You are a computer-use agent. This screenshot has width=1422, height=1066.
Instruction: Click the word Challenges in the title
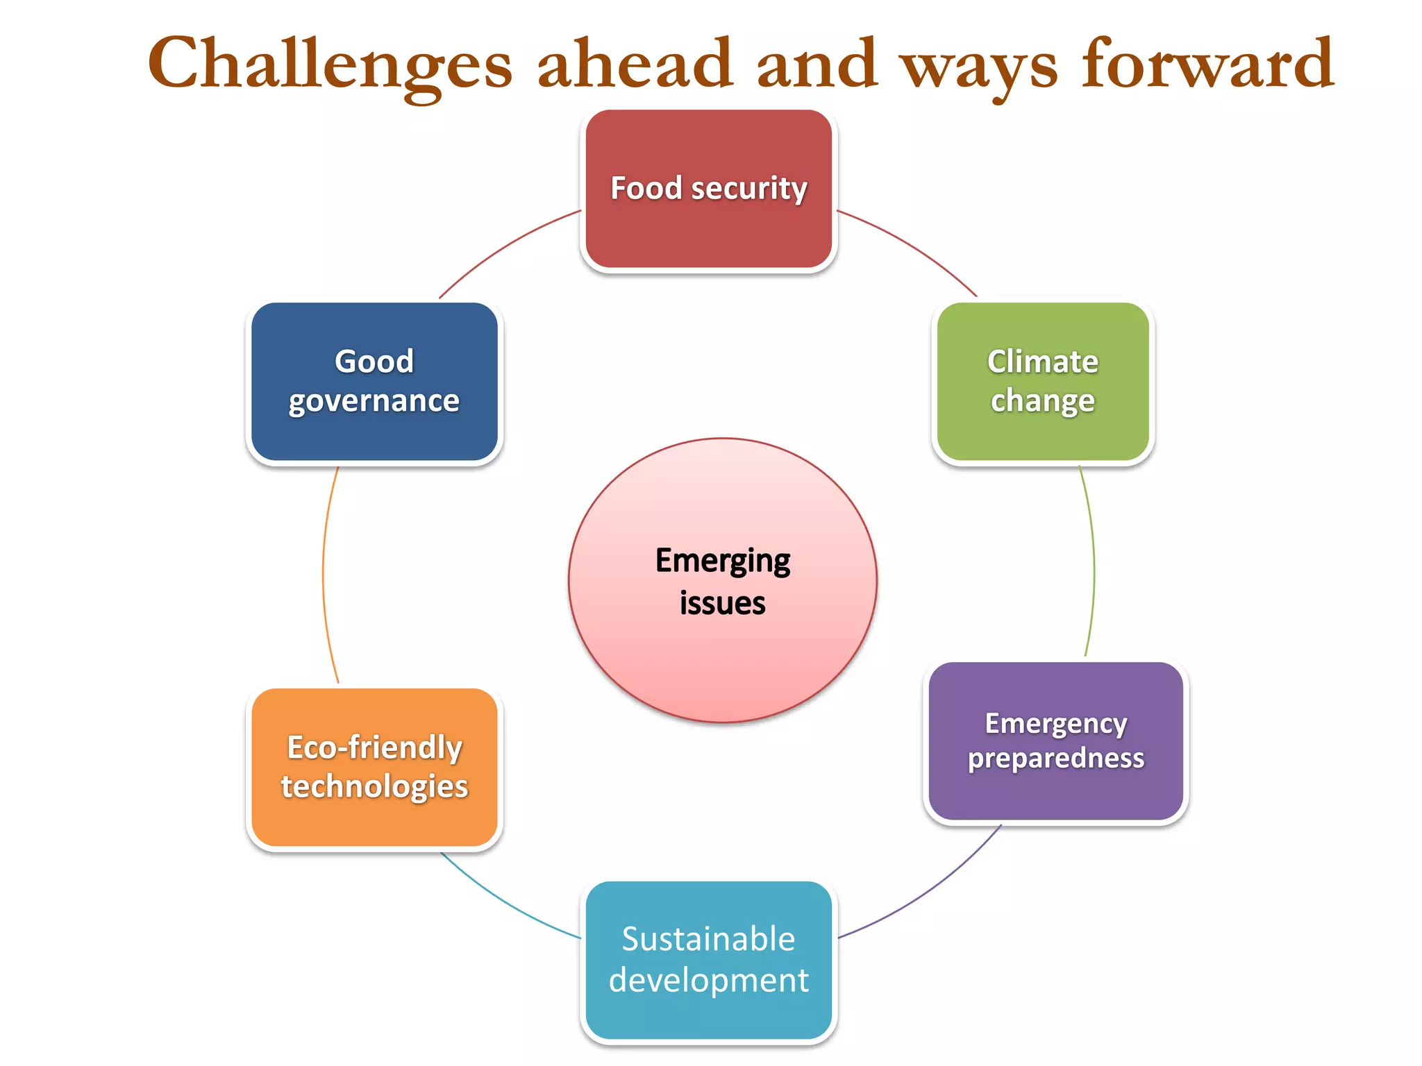point(330,64)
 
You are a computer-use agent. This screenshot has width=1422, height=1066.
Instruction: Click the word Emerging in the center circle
point(722,561)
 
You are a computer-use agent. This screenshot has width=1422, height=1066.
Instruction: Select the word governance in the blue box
point(374,401)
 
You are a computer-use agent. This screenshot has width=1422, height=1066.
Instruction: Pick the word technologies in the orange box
point(374,786)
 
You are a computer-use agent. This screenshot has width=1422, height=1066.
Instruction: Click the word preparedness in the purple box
point(1055,758)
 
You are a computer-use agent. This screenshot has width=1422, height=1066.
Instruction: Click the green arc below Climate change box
point(1094,562)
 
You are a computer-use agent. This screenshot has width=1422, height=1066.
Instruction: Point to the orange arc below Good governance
point(324,576)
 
